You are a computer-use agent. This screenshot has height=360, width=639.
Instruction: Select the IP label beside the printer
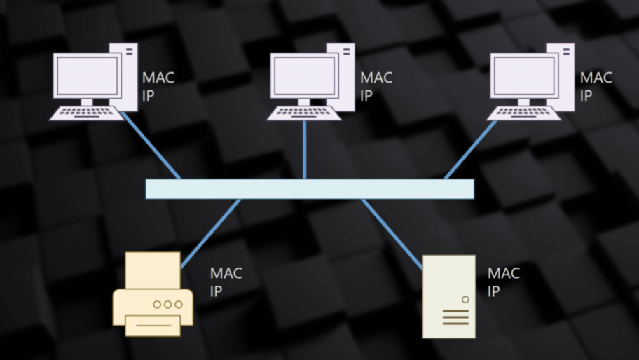(x=217, y=291)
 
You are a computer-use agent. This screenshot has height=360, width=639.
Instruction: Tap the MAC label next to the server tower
(x=503, y=273)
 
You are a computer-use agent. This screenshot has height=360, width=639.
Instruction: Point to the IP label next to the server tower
(x=494, y=291)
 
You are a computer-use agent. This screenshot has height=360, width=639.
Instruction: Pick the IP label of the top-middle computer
(x=366, y=95)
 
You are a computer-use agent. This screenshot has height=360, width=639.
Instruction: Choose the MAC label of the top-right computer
(x=596, y=77)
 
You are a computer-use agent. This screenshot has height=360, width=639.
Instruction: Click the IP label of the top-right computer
(x=586, y=95)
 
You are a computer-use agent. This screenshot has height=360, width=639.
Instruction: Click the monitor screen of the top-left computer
(x=87, y=76)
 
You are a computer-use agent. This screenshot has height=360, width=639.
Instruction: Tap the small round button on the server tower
(x=465, y=299)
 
